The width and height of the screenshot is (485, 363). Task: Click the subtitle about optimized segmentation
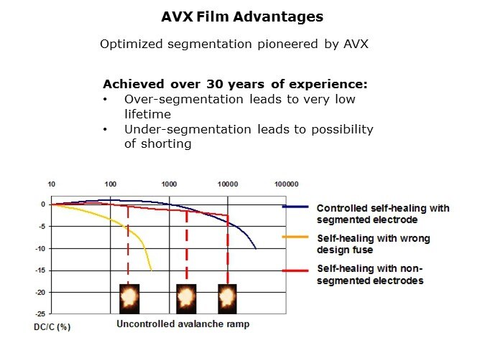click(234, 44)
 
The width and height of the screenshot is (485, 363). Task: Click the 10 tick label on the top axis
click(51, 184)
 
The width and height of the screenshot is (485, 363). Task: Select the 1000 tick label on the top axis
click(169, 184)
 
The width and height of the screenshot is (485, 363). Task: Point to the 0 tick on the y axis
click(43, 204)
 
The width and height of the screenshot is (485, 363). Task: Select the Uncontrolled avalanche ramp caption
click(183, 324)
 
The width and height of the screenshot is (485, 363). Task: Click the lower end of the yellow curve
click(151, 270)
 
